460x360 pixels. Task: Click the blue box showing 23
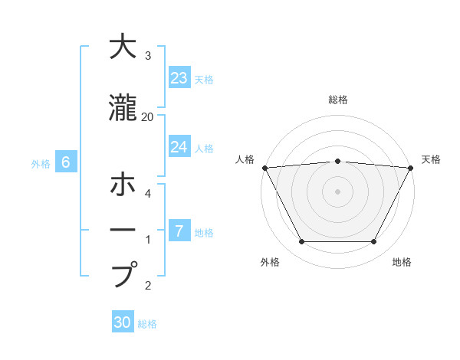pos(179,78)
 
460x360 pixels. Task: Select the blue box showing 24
pos(179,147)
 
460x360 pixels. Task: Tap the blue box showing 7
pos(179,231)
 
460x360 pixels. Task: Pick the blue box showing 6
pos(66,162)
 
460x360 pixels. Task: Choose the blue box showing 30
pos(123,322)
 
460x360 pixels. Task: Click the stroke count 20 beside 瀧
pos(148,116)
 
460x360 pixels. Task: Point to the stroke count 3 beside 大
pos(148,56)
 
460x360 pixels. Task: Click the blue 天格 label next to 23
pos(204,79)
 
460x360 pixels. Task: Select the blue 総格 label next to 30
pos(147,324)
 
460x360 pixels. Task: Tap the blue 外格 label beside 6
pos(41,163)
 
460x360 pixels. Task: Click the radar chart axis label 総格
pos(338,100)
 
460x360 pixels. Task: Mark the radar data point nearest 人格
pos(264,168)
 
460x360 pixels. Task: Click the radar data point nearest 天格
pos(410,168)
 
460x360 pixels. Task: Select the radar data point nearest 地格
pos(374,242)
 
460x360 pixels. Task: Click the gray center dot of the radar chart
pos(337,191)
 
